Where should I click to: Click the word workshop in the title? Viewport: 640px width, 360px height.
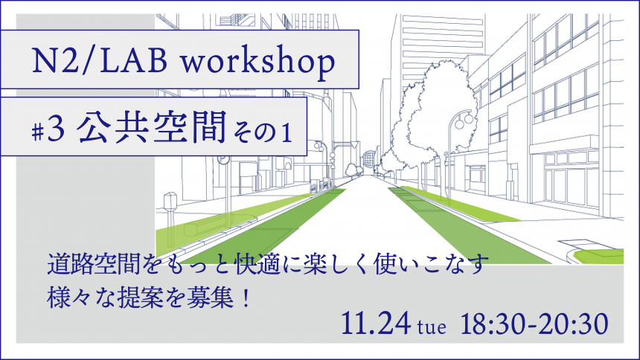pos(258,62)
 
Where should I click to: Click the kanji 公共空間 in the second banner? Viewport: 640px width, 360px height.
pos(151,127)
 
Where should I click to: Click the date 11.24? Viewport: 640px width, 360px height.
pos(376,324)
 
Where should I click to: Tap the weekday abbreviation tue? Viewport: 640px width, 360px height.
pos(432,327)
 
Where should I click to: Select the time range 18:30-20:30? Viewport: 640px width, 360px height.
pos(534,324)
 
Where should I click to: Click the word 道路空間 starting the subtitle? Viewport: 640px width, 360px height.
pos(94,264)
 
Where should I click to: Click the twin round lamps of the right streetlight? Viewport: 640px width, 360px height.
pos(464,119)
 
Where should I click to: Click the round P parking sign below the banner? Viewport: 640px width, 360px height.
pos(224,160)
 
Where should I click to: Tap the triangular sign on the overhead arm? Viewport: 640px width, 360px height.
pos(354,144)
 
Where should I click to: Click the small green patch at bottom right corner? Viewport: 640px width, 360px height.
pos(599,257)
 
